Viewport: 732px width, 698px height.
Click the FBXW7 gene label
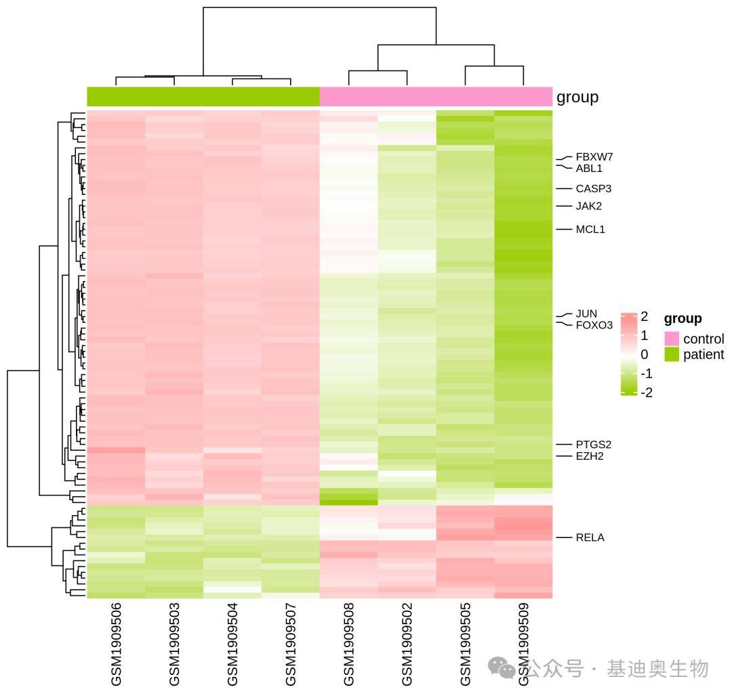click(x=594, y=156)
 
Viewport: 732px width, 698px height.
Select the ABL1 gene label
click(x=589, y=169)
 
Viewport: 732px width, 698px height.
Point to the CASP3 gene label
click(x=593, y=188)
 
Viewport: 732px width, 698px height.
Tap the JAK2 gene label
click(x=589, y=206)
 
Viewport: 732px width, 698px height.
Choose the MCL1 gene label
click(x=590, y=230)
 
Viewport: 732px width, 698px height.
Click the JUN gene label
click(x=586, y=313)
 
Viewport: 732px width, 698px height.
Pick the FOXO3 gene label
click(x=594, y=325)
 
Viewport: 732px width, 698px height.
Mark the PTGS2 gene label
click(x=593, y=444)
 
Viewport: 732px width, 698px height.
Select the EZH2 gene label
click(x=590, y=456)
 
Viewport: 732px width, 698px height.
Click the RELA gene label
click(x=590, y=538)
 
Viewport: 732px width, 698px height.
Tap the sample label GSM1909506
click(x=116, y=645)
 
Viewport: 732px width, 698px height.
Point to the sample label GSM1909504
click(x=232, y=645)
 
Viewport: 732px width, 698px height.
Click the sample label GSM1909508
click(x=348, y=645)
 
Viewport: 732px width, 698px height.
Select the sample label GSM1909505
click(x=465, y=645)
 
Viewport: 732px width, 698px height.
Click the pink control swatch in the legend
click(x=671, y=339)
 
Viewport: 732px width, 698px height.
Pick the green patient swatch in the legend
click(x=671, y=354)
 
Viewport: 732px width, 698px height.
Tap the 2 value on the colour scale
click(x=645, y=317)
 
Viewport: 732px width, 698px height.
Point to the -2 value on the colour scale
click(x=647, y=392)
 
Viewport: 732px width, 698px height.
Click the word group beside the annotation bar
click(x=577, y=97)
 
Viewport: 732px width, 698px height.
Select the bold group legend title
click(x=683, y=319)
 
